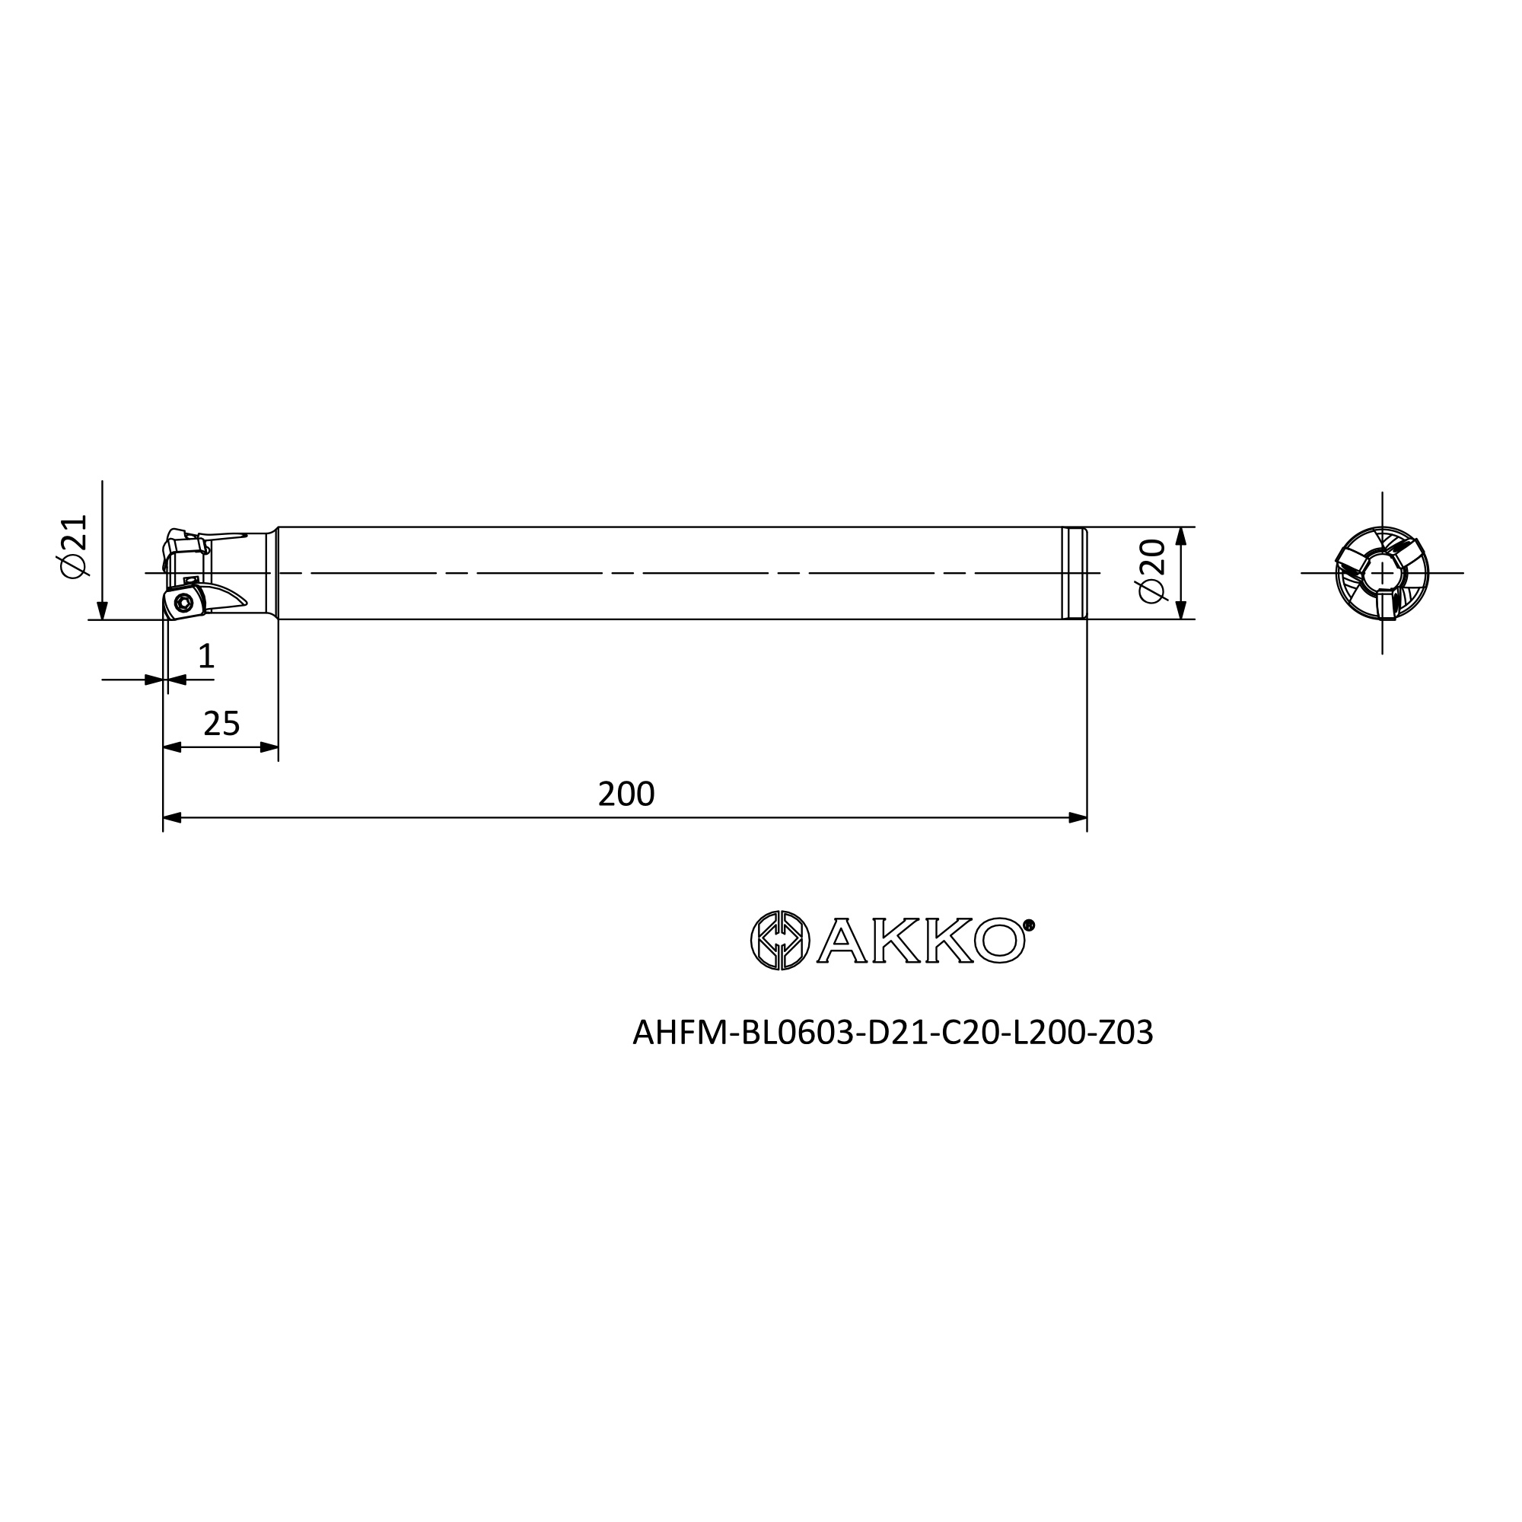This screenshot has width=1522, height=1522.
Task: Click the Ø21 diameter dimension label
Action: click(72, 546)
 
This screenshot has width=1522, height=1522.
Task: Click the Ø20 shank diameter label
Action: click(1151, 572)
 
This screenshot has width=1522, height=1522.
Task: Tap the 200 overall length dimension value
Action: click(626, 794)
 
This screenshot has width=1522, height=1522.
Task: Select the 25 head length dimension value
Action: click(221, 723)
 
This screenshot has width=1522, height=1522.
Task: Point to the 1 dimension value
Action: click(206, 655)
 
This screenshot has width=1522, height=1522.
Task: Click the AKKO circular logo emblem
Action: click(780, 941)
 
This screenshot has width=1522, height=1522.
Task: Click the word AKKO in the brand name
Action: click(922, 941)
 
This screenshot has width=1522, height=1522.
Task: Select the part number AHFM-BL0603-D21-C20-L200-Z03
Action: click(893, 1033)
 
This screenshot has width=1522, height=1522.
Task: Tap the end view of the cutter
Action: click(1382, 573)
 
